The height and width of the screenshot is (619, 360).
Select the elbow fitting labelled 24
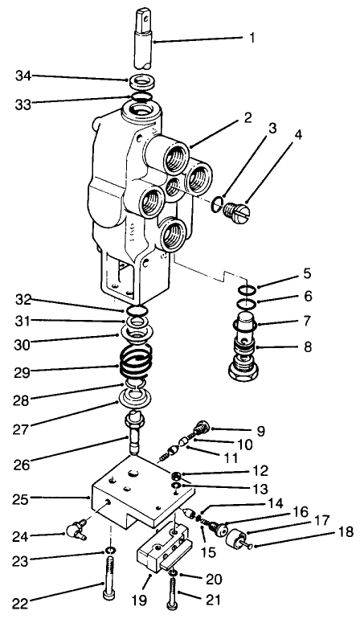pos(76,529)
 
